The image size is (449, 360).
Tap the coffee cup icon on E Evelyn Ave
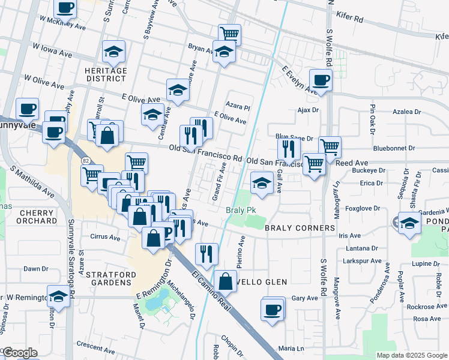pos(321,80)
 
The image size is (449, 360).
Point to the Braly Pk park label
pos(241,211)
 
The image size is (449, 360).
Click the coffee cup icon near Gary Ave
pos(273,310)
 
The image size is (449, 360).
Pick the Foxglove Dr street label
pos(363,209)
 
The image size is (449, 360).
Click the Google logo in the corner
pos(19,353)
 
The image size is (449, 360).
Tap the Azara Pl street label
pos(238,106)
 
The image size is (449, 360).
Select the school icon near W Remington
pos(59,296)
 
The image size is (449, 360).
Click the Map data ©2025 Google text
pos(411,355)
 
